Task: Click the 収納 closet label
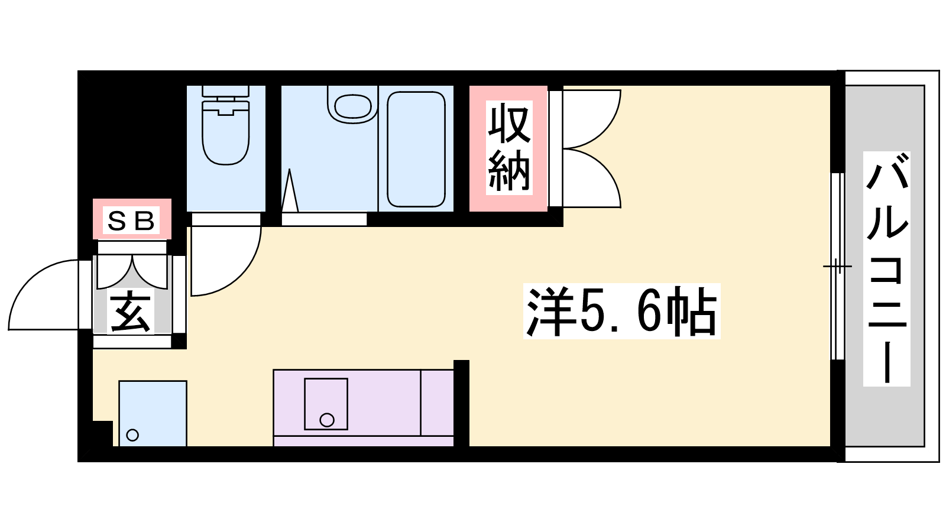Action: click(509, 148)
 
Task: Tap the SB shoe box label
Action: click(131, 220)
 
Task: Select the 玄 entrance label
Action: click(131, 313)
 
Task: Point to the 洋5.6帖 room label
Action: click(621, 311)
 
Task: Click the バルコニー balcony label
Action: click(886, 269)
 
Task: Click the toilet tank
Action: click(226, 91)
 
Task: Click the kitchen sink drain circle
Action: click(327, 420)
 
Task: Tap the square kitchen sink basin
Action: click(326, 404)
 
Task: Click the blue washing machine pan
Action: click(153, 413)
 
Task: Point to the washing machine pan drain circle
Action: click(132, 435)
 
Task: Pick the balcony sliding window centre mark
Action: click(838, 267)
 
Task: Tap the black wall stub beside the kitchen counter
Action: click(461, 403)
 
